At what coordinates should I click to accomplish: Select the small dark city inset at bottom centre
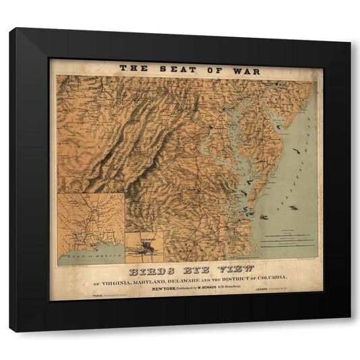(x=144, y=248)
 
